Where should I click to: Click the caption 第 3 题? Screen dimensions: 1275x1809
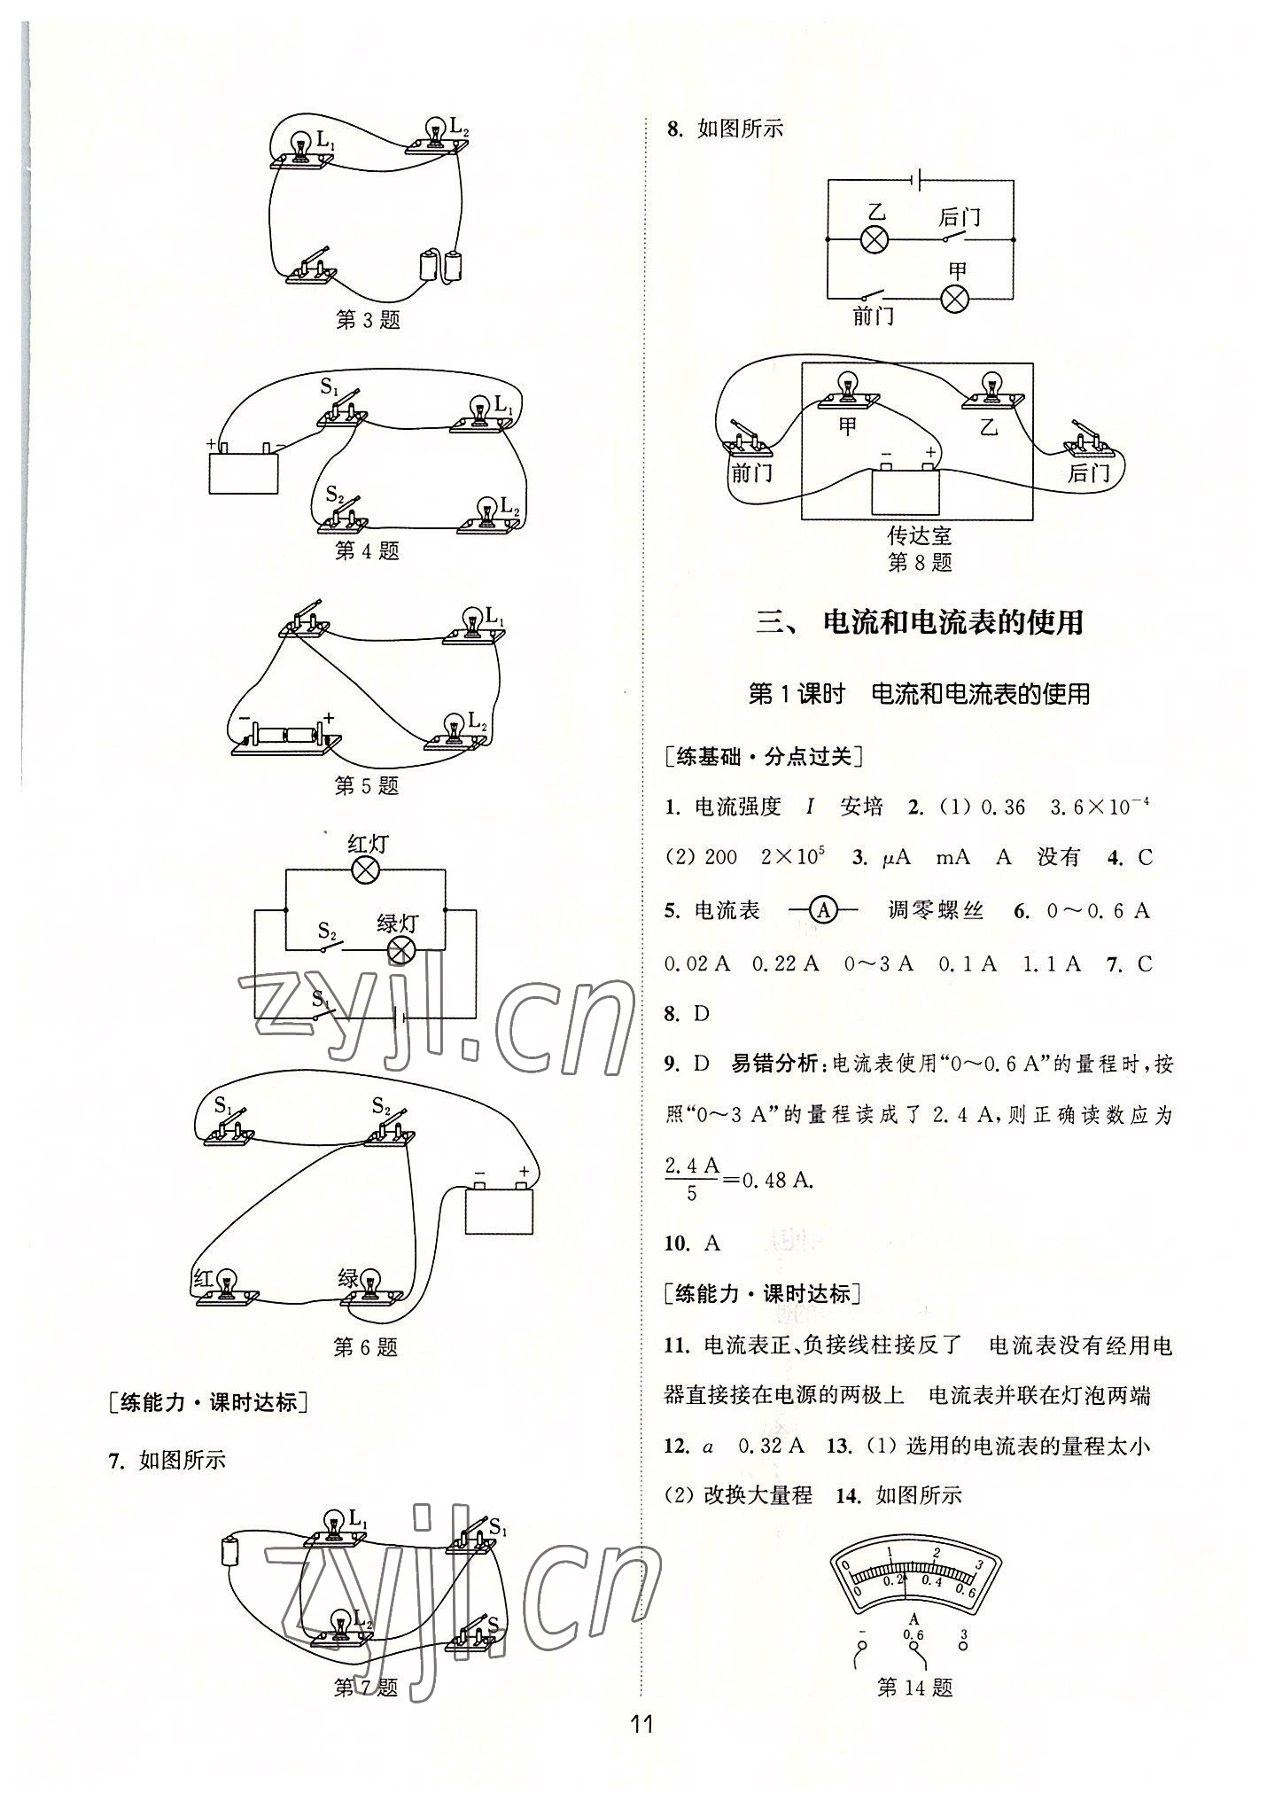point(368,320)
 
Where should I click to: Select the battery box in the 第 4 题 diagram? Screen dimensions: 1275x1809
point(244,472)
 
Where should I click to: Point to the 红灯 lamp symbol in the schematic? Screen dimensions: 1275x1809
point(365,870)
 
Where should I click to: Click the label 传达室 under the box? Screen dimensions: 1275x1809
point(919,536)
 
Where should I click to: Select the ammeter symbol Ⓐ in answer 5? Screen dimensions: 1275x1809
point(823,910)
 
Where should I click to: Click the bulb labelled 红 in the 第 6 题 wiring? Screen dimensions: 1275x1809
point(227,1286)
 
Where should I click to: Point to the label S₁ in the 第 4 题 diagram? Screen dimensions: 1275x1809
point(330,387)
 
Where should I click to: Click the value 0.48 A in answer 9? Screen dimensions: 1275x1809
point(777,1180)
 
